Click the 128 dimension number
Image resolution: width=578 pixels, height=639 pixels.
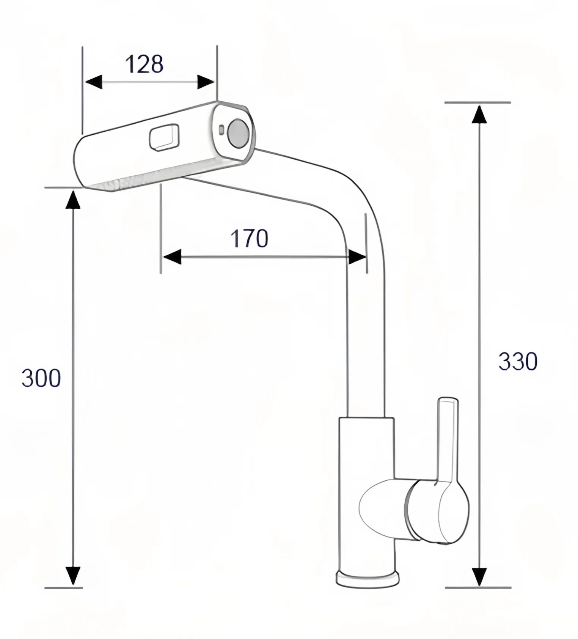coord(144,64)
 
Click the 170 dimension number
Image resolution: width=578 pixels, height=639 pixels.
coord(249,238)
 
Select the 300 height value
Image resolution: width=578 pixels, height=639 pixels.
coord(41,378)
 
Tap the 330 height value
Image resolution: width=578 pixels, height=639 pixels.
coord(518,361)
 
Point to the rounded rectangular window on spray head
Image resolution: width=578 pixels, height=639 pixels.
coord(165,137)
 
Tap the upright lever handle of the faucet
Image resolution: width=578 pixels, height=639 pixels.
coord(448,440)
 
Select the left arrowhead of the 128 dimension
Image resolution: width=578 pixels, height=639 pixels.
coord(93,82)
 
